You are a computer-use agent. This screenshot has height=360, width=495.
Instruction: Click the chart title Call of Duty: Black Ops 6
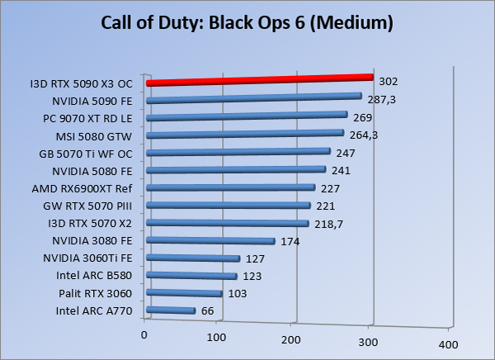(247, 22)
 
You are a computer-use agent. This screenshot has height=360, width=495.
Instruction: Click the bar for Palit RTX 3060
(184, 293)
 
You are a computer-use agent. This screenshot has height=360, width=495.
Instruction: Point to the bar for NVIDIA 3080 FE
(210, 241)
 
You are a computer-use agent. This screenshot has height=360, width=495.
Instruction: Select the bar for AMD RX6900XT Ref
(230, 188)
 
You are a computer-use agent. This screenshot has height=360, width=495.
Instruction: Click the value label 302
(388, 82)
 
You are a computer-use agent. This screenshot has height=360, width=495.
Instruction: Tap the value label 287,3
(381, 98)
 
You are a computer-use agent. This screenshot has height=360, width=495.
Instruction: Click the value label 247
(345, 153)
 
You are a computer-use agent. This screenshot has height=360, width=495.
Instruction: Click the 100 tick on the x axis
(217, 338)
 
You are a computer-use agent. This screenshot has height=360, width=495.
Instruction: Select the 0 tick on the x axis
(144, 334)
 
